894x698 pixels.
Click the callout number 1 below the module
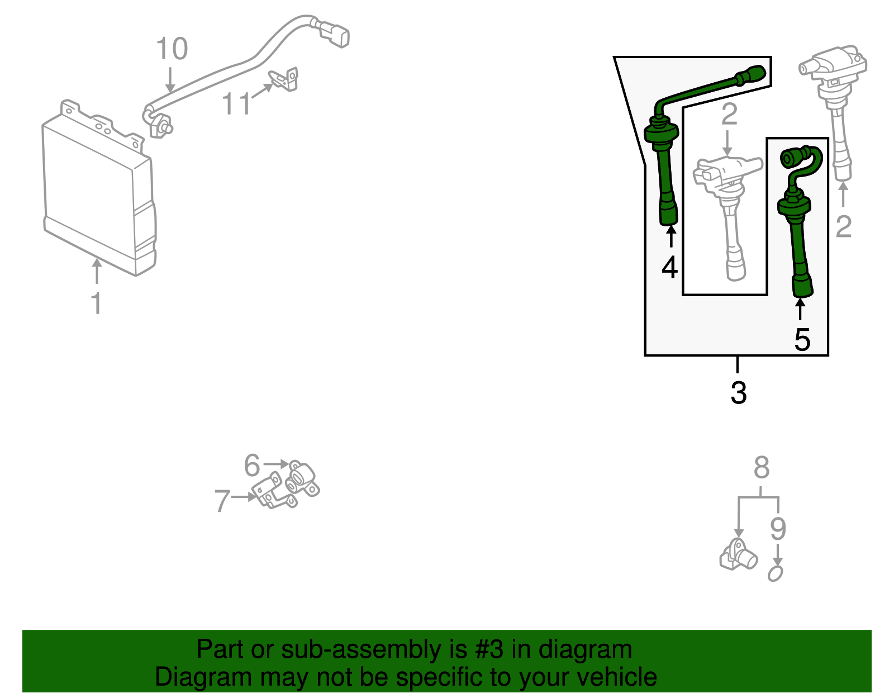click(x=97, y=303)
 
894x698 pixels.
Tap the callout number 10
click(x=172, y=49)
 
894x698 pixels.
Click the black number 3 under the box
click(x=738, y=393)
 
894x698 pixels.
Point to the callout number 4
click(x=669, y=267)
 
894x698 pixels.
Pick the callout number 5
click(x=252, y=466)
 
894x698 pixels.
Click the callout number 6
click(x=222, y=501)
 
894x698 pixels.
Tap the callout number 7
click(x=761, y=468)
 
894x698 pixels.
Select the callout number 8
click(x=778, y=529)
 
